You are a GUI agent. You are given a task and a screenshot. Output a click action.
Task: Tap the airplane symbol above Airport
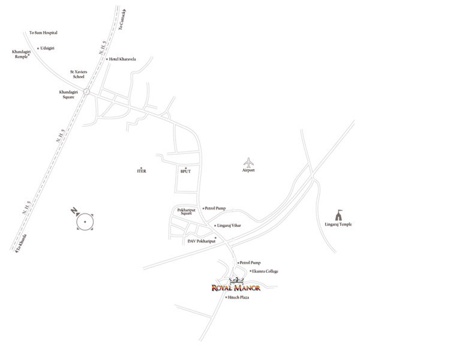pos(248,163)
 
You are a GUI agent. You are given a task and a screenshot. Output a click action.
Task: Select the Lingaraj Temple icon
pos(338,215)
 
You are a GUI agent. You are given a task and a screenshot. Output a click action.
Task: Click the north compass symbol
pos(85,221)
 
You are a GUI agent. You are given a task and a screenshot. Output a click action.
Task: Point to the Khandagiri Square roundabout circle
pos(87,92)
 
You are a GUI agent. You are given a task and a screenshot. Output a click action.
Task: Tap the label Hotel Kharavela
pos(122,59)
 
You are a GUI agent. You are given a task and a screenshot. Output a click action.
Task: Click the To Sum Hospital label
pos(43,32)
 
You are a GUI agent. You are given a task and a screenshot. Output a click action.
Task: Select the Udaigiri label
pos(47,47)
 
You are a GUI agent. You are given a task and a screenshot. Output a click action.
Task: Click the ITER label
pos(141,171)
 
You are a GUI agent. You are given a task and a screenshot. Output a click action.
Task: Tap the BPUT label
pos(185,171)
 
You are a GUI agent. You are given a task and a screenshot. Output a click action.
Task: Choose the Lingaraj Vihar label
pos(229,225)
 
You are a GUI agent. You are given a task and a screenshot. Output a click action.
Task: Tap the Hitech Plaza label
pos(238,298)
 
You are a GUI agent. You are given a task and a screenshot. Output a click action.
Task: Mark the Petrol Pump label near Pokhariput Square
pos(215,208)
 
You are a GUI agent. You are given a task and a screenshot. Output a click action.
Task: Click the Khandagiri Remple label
pos(21,54)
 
